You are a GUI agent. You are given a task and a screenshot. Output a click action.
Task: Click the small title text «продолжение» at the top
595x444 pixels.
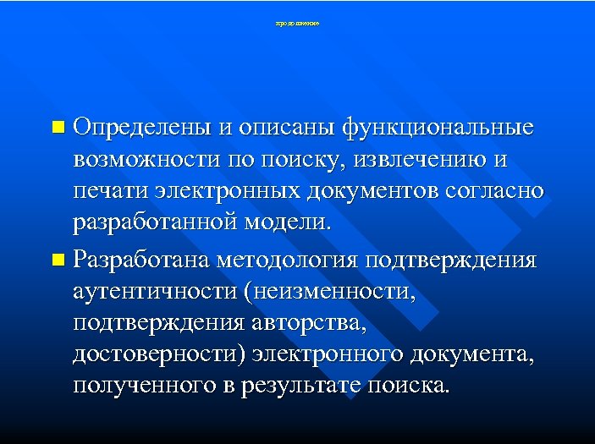click(297, 24)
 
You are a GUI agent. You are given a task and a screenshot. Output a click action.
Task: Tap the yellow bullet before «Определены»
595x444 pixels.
click(57, 129)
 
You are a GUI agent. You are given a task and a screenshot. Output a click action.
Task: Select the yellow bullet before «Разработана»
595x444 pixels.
click(57, 258)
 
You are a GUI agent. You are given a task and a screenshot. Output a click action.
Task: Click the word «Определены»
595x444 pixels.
click(140, 129)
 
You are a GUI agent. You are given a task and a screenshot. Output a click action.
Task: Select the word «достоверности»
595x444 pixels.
click(158, 354)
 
